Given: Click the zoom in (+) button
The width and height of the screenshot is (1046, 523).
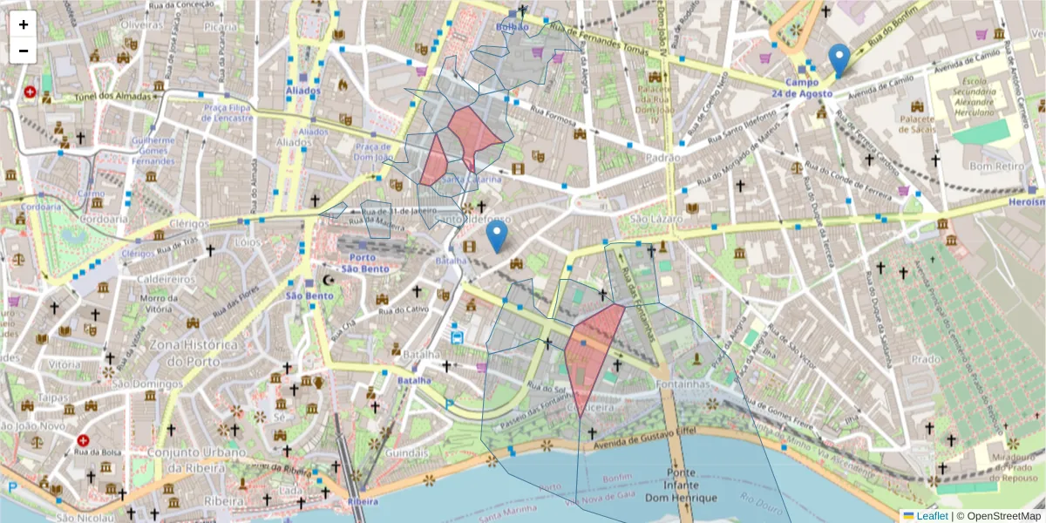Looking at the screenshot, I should [x=24, y=24].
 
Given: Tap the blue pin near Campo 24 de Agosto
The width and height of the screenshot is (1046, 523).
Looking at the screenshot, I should [x=839, y=60].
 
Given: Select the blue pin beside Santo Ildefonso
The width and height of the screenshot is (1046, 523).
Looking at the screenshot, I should [x=497, y=236].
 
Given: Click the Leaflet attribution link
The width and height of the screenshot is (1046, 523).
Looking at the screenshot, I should [x=932, y=516].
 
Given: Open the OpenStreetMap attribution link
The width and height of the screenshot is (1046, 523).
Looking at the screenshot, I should [x=999, y=516].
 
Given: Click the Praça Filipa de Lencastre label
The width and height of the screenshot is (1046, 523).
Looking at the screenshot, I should [x=228, y=112].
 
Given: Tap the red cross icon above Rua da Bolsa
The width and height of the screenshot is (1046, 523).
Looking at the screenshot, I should [x=83, y=442].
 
